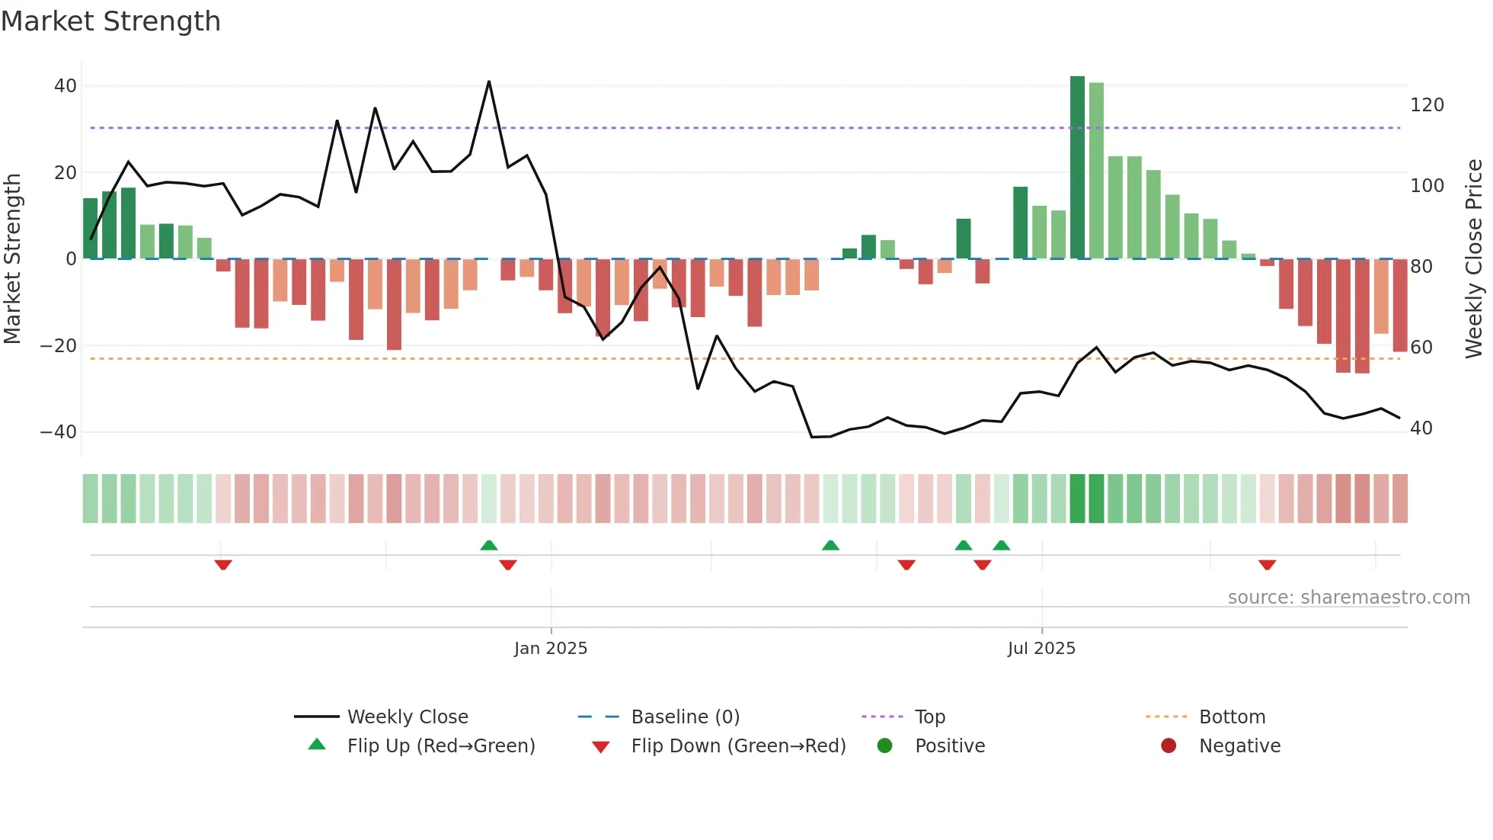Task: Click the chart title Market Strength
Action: pos(110,21)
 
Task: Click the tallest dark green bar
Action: pos(1077,168)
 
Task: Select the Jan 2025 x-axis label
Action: pos(551,649)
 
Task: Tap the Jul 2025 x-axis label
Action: pos(1041,649)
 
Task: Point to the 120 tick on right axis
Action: pos(1427,105)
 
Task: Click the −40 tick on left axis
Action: pos(59,432)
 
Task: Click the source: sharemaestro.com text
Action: pos(1348,598)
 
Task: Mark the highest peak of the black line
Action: pos(489,82)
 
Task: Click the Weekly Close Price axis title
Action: pos(1474,259)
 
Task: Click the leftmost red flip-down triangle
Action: pos(223,565)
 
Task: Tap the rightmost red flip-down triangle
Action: pos(1267,565)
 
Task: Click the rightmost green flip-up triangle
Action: pos(1002,545)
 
